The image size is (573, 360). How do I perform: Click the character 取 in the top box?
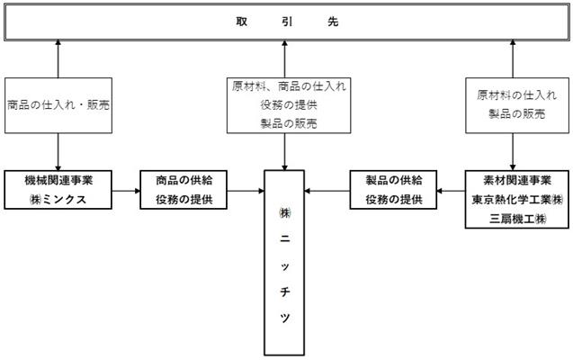242,22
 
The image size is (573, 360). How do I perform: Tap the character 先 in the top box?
333,22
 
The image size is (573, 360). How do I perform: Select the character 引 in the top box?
287,22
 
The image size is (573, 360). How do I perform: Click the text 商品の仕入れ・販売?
58,105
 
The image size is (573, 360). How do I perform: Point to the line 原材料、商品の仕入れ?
289,86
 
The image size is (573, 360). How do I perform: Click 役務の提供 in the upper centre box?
289,105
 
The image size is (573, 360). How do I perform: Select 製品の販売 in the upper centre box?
289,123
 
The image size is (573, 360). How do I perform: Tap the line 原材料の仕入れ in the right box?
516,95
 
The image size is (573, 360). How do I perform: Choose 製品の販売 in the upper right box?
516,114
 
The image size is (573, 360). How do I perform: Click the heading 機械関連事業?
58,180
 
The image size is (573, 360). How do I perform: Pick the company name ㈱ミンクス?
58,200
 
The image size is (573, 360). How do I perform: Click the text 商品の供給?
184,180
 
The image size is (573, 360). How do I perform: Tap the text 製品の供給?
394,180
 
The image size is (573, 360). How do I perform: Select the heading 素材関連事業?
517,180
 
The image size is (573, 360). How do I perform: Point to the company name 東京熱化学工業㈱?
517,200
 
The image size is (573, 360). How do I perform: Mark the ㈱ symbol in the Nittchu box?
284,213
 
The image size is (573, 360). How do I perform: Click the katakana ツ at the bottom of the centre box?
284,318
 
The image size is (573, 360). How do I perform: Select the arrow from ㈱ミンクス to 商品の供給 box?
126,191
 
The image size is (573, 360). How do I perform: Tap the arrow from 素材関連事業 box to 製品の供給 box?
451,191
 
